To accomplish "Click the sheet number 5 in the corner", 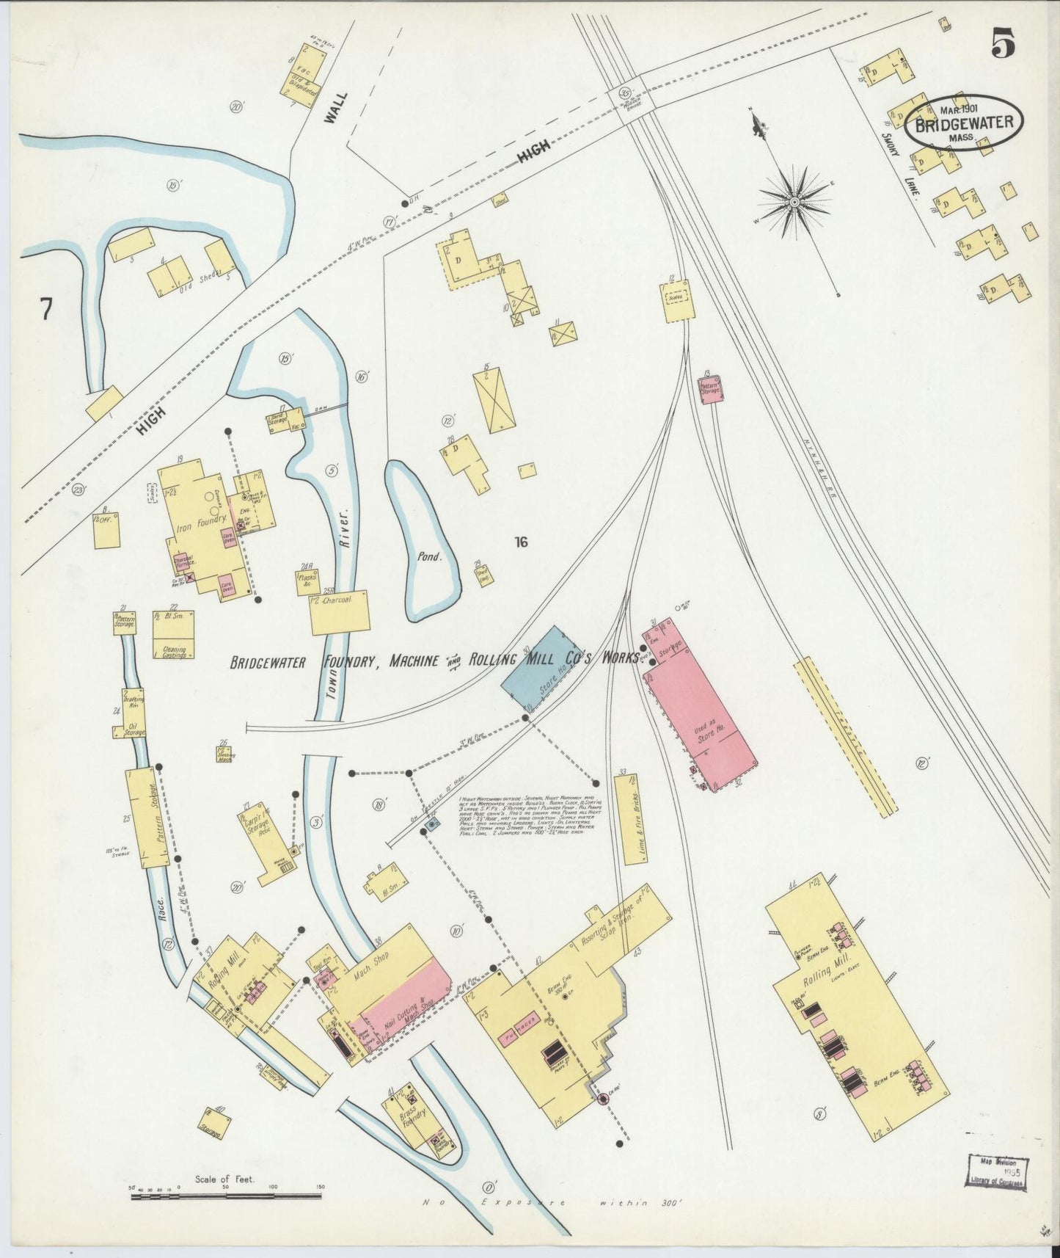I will click(x=1003, y=46).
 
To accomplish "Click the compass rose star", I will click(x=794, y=201).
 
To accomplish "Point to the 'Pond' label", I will click(x=430, y=556).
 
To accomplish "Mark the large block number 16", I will click(x=521, y=542).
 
